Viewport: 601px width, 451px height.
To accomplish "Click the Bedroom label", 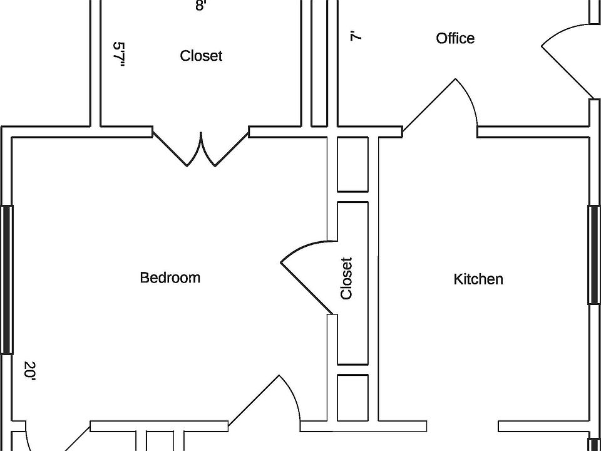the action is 170,277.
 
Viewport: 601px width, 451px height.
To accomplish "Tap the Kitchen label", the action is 478,279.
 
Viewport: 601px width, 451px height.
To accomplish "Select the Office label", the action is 455,38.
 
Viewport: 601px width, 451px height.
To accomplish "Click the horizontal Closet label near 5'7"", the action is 201,56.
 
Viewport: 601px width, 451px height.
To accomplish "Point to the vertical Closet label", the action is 346,278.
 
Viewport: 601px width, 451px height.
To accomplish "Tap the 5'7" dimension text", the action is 120,55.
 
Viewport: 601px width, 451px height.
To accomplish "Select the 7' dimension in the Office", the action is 356,36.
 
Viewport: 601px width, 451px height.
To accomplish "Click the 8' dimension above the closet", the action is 200,6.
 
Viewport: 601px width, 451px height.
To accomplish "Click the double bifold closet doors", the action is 201,150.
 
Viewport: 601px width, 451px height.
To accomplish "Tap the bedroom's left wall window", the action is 7,279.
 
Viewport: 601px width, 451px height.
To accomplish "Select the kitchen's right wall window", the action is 593,255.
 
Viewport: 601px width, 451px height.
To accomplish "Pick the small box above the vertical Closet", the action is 352,164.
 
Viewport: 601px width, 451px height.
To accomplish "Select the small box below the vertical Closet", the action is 352,398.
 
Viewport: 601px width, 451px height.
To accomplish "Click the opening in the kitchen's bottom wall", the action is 462,426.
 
